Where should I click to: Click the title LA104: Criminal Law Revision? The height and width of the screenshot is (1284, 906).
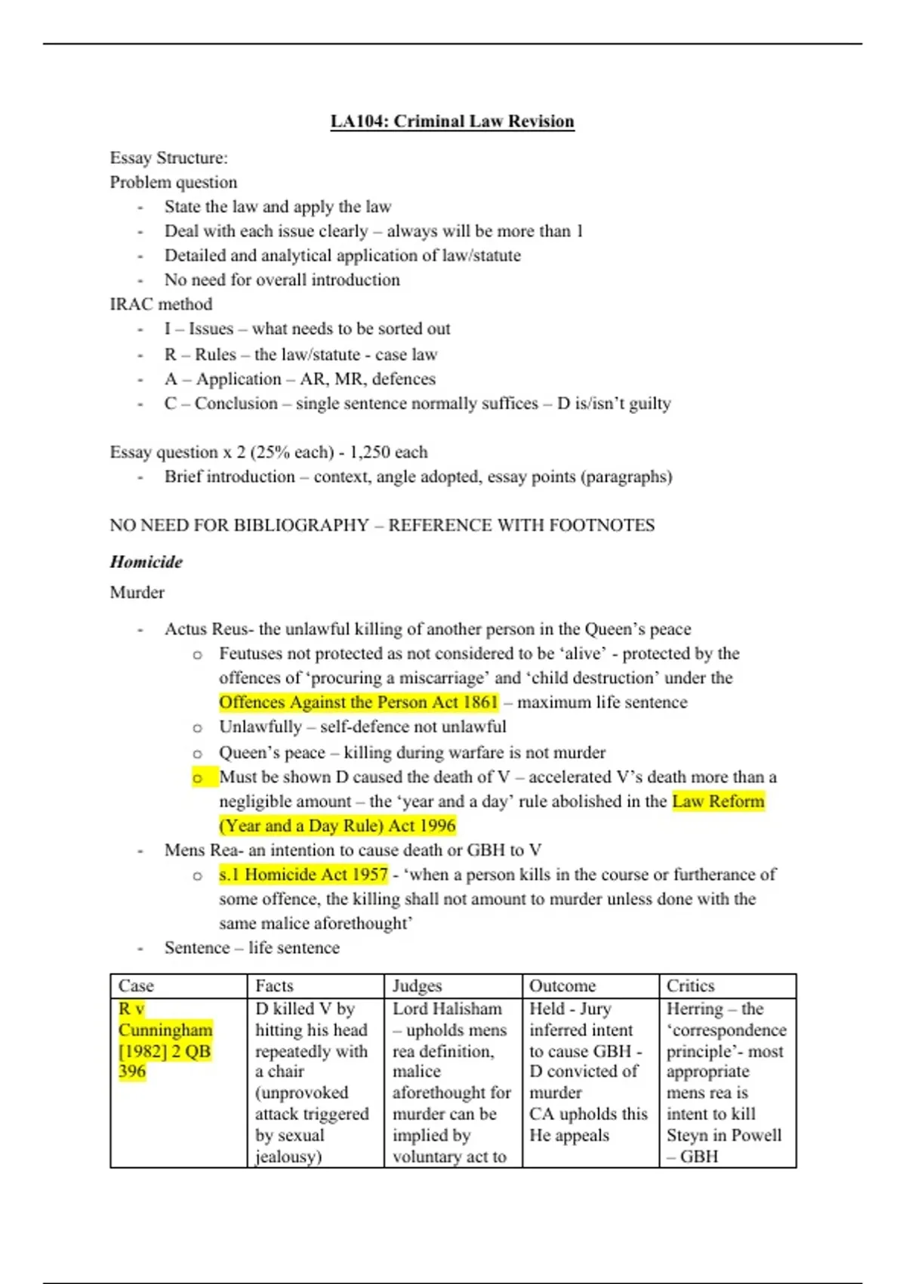point(452,122)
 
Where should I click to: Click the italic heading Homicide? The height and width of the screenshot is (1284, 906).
point(146,562)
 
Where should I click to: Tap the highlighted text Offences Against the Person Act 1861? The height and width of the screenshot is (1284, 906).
point(359,702)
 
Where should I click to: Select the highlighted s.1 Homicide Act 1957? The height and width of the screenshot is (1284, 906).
point(304,875)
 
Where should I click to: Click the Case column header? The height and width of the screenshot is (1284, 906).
point(136,986)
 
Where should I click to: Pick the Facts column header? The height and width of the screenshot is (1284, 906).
point(274,986)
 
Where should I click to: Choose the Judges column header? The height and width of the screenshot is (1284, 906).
point(417,986)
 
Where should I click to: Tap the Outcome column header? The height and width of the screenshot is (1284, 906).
point(562,986)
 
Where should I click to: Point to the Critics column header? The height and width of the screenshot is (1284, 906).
point(690,986)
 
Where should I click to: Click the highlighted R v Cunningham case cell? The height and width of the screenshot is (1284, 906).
point(165,1040)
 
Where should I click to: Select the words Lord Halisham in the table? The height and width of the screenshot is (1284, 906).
point(447,1009)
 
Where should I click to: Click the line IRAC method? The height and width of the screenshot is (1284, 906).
point(161,304)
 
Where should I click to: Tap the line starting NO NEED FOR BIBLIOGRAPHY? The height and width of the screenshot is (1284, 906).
point(382,526)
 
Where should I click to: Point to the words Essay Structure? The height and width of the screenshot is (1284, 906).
point(168,158)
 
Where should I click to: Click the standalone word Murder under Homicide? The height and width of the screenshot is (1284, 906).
point(137,593)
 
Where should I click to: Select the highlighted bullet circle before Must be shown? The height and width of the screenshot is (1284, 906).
point(198,778)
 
